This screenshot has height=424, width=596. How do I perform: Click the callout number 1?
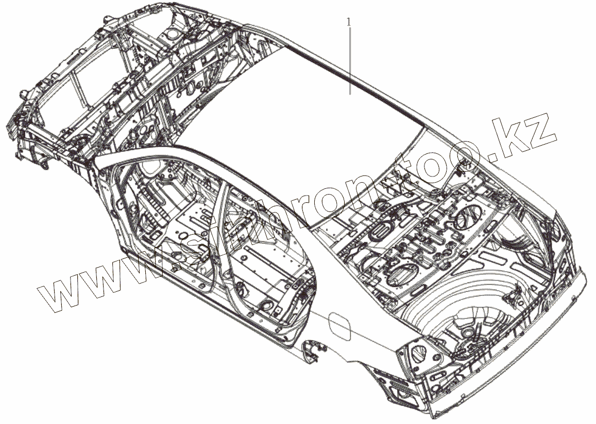(x=350, y=22)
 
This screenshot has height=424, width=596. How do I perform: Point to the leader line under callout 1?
(x=350, y=62)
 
